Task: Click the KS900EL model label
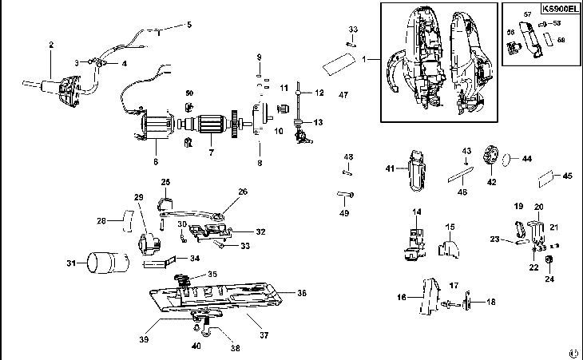pos(557,10)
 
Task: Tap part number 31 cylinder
pos(108,261)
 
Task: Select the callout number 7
pos(211,152)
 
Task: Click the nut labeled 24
pos(549,262)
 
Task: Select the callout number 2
pos(51,45)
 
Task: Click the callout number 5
pos(189,25)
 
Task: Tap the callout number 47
pos(343,95)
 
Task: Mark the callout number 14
pos(416,212)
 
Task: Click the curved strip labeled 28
pos(127,219)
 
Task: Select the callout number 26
pos(243,192)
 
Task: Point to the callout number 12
pos(318,93)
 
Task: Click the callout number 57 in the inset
pos(527,14)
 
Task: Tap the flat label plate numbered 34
pos(159,261)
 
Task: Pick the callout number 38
pos(234,349)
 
